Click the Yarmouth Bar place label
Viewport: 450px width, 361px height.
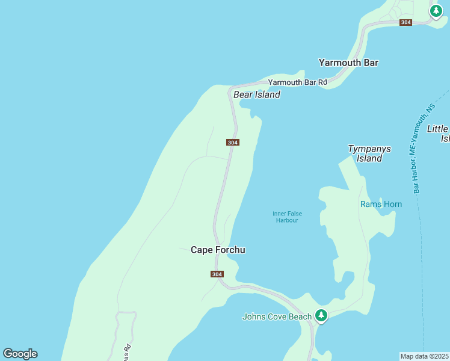[348, 63]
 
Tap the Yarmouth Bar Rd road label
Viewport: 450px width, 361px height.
[297, 82]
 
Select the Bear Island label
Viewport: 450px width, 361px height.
[257, 94]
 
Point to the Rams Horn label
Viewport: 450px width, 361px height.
[381, 205]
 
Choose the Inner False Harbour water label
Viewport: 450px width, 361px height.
[287, 217]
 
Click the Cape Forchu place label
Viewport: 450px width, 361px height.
[218, 250]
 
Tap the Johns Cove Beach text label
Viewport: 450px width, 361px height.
[277, 316]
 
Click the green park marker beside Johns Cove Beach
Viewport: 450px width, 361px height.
[321, 315]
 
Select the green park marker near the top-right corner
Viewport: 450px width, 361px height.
[436, 11]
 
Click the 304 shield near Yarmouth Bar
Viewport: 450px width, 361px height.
[405, 22]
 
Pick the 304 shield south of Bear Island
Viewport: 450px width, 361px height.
[233, 143]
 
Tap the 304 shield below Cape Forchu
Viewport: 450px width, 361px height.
[217, 274]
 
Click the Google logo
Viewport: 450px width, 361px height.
[20, 354]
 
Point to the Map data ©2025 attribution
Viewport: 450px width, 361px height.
[424, 356]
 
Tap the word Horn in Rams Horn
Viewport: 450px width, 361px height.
[392, 205]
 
